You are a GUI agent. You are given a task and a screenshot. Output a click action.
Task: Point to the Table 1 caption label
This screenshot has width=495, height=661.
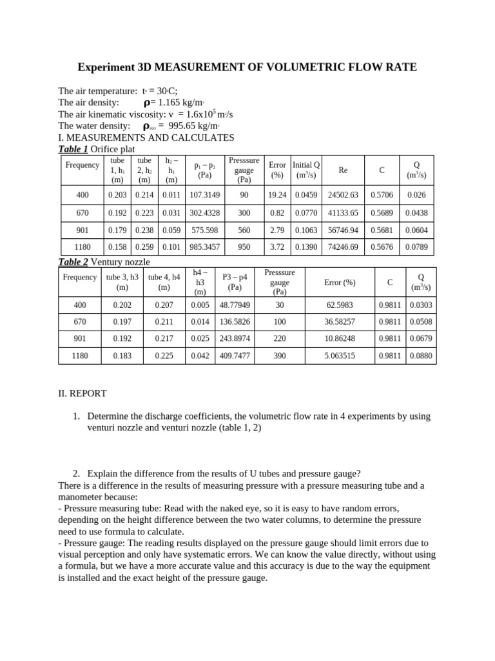73,149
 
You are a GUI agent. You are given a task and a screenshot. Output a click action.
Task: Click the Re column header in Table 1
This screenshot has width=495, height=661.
343,170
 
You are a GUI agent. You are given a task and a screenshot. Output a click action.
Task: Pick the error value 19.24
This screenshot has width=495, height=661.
277,194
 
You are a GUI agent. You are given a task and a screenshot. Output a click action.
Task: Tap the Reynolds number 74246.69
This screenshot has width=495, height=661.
343,247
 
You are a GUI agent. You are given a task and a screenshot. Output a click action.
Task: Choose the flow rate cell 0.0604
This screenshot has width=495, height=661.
416,230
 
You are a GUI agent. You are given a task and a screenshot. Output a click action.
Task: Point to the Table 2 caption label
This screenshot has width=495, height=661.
73,261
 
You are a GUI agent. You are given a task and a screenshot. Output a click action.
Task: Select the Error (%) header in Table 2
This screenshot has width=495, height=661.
340,282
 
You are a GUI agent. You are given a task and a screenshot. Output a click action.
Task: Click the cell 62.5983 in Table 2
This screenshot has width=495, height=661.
340,305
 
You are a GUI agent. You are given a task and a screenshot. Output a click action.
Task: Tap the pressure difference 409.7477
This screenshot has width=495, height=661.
235,355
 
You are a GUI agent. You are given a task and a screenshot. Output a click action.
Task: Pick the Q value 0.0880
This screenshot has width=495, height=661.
422,355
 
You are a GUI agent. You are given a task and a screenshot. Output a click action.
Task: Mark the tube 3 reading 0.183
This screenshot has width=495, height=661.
122,355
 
